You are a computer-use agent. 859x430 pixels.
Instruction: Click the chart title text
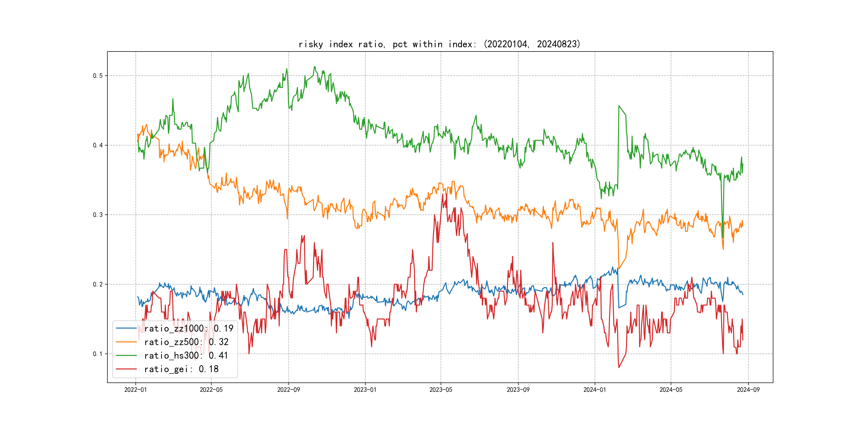coord(439,44)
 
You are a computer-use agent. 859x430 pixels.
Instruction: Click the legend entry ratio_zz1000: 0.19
coord(189,329)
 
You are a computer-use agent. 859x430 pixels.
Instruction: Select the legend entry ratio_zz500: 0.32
coord(186,342)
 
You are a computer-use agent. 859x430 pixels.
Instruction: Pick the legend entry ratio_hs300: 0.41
coord(186,356)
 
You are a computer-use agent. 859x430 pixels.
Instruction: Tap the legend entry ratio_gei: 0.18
coord(181,369)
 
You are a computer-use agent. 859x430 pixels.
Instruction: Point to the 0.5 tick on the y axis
coord(98,76)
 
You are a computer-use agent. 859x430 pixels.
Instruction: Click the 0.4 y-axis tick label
coord(98,145)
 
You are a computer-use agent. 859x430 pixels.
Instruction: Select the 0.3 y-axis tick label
coord(98,215)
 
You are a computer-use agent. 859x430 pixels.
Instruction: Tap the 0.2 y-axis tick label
coord(98,285)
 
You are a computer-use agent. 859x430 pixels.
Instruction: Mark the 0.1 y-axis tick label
coord(98,354)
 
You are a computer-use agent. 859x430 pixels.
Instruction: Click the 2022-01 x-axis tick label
coord(135,390)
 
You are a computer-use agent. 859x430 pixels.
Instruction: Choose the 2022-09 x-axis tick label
coord(288,390)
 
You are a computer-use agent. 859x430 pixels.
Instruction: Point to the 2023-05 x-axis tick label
coord(441,390)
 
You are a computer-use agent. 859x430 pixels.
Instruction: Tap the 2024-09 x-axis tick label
coord(748,390)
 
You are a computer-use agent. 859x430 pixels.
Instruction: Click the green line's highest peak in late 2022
coord(314,67)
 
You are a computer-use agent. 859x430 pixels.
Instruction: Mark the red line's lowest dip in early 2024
coord(619,368)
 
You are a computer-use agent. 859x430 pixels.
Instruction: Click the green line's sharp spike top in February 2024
coord(619,106)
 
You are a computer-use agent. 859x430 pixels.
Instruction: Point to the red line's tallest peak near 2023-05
coord(443,194)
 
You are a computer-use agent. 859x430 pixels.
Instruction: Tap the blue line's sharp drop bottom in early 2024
coord(619,307)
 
